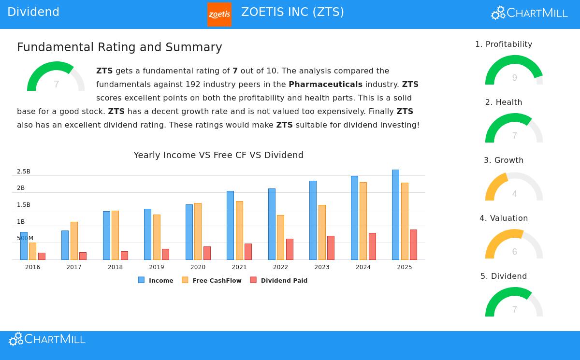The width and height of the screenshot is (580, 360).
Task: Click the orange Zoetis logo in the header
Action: coord(219,14)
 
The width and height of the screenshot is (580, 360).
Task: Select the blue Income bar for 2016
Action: coord(24,246)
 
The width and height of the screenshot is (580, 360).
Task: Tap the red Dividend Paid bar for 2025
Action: coord(413,245)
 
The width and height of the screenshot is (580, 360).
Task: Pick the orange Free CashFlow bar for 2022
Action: coord(280,237)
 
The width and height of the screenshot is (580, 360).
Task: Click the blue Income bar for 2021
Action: coord(230,225)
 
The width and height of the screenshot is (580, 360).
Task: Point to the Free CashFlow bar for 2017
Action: coord(74,241)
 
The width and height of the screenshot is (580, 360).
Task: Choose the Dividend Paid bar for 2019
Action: coord(165,254)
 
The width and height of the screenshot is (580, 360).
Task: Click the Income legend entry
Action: coord(156,280)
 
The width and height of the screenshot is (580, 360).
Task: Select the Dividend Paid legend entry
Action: coord(279,280)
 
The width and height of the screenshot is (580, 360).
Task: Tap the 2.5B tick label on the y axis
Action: coord(24,172)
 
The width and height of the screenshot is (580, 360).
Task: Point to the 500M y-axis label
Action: coord(25,238)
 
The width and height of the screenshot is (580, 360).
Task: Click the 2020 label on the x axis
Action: coord(198,267)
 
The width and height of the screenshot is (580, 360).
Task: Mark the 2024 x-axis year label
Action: coord(363,267)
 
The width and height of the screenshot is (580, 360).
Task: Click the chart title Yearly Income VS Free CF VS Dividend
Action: coord(218,155)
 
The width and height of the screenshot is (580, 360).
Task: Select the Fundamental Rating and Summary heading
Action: coord(119,47)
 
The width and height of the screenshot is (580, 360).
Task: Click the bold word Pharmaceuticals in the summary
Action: coord(325,84)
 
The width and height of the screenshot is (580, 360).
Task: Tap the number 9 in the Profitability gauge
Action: coord(514,78)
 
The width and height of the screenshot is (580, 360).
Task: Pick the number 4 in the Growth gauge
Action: coord(514,194)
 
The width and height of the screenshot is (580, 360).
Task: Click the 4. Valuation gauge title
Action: coord(504,218)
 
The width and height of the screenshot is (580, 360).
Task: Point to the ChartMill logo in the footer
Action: coord(47,339)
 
